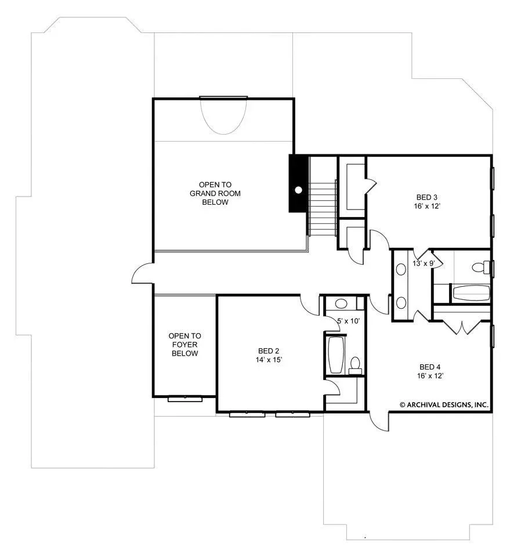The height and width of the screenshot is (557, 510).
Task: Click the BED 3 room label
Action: point(427,197)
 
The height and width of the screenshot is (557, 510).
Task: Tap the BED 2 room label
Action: point(269,351)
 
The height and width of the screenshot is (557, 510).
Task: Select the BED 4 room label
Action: point(430,367)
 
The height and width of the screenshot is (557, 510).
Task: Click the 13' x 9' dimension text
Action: point(424,263)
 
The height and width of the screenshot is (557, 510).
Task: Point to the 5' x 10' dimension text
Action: point(348,321)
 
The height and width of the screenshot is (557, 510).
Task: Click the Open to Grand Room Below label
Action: point(215,193)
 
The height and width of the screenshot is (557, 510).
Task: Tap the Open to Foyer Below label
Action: point(185,345)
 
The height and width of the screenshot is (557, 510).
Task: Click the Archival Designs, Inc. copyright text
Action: point(444,404)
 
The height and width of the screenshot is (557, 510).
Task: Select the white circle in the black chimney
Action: point(299,190)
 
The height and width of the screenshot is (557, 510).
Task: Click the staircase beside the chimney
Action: point(322,208)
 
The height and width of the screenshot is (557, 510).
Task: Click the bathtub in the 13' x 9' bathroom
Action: point(471,293)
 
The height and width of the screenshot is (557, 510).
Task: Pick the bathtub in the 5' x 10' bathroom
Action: point(335,355)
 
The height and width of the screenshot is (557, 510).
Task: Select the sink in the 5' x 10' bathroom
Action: point(341,303)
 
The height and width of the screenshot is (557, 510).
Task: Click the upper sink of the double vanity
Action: point(401,269)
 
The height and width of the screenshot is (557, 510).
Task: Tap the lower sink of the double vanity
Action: point(401,303)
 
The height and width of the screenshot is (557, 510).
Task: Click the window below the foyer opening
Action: point(185,399)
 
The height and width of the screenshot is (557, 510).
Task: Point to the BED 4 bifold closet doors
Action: point(461,327)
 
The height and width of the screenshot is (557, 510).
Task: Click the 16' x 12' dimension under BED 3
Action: point(427,206)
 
